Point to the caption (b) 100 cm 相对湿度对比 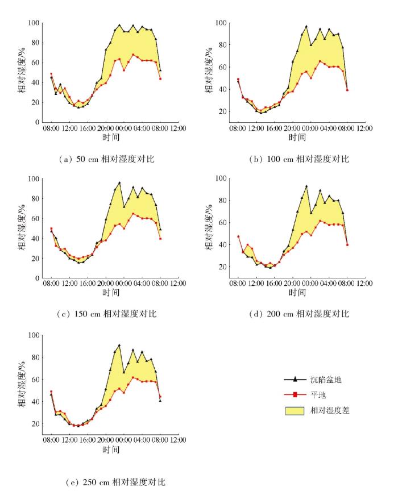(x=301, y=159)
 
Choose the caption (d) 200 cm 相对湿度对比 (x=301, y=314)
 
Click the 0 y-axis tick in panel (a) (x=36, y=122)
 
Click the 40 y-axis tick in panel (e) (x=34, y=401)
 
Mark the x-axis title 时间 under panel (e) (x=111, y=450)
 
